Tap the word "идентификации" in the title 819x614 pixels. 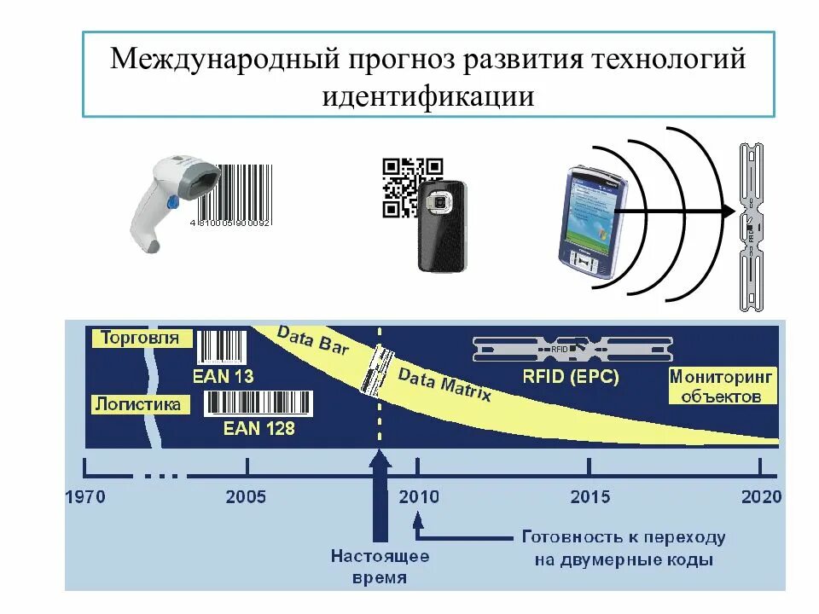click(x=428, y=94)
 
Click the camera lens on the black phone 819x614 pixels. click(x=441, y=204)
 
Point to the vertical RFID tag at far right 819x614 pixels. click(x=751, y=226)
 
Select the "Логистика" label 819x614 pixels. click(x=139, y=403)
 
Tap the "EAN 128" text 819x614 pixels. click(x=259, y=428)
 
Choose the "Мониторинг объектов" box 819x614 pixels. click(x=721, y=385)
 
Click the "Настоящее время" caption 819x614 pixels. click(x=380, y=567)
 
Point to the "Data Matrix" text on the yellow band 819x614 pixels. click(x=444, y=385)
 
